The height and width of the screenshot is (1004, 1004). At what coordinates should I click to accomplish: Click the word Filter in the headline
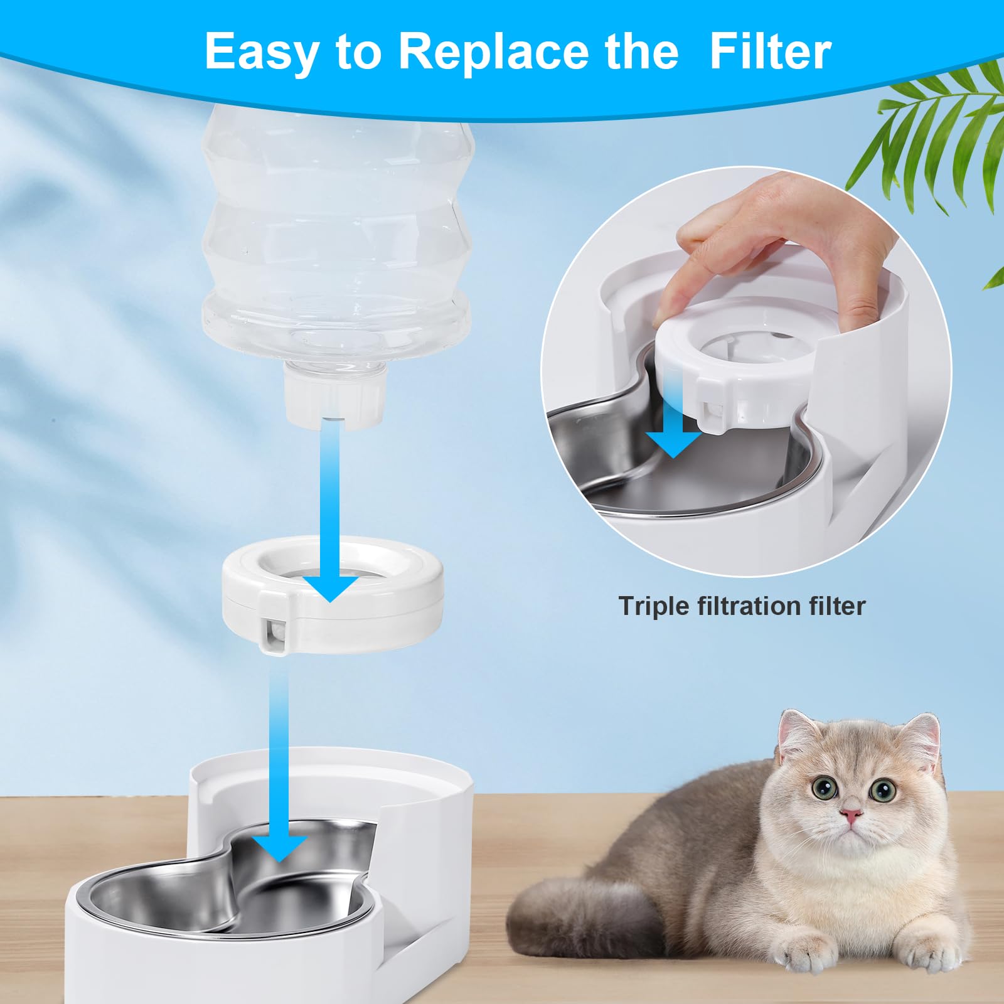770,51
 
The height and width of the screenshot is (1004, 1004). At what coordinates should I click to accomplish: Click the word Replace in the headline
538,51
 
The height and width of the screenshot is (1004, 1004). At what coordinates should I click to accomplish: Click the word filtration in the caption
747,606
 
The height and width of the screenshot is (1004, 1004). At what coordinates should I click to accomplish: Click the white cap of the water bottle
334,397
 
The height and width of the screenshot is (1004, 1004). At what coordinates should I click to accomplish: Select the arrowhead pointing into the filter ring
331,589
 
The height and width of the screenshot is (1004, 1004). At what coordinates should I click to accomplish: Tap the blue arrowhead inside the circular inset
673,443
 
